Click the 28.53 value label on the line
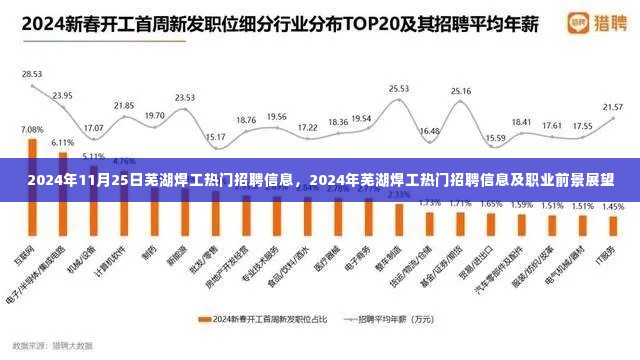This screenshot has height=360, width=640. click(x=32, y=74)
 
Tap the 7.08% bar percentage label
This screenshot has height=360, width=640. click(x=32, y=130)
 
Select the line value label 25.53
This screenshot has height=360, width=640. click(x=399, y=89)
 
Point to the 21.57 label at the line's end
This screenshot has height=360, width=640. click(x=612, y=106)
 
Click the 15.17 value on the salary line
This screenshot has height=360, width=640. click(x=215, y=136)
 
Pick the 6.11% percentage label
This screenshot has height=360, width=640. click(x=62, y=142)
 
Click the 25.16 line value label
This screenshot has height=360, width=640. click(x=461, y=91)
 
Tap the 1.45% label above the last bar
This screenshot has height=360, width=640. click(x=613, y=206)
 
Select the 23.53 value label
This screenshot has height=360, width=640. click(x=185, y=97)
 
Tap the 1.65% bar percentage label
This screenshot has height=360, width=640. click(x=491, y=204)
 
